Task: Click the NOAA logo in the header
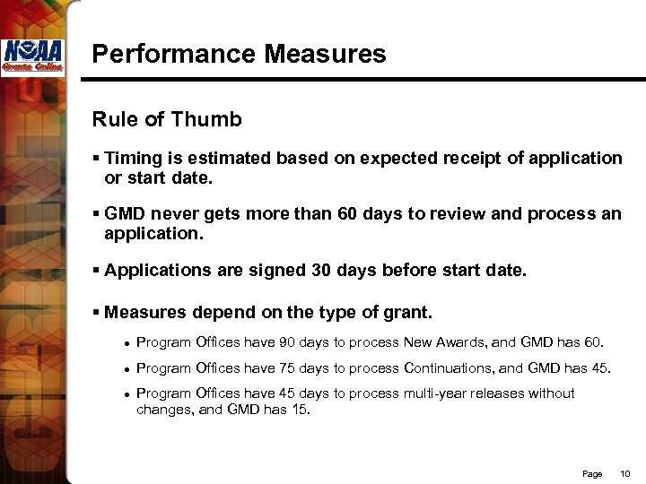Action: [x=31, y=57]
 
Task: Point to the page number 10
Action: [x=626, y=472]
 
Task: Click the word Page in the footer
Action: [x=592, y=472]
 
